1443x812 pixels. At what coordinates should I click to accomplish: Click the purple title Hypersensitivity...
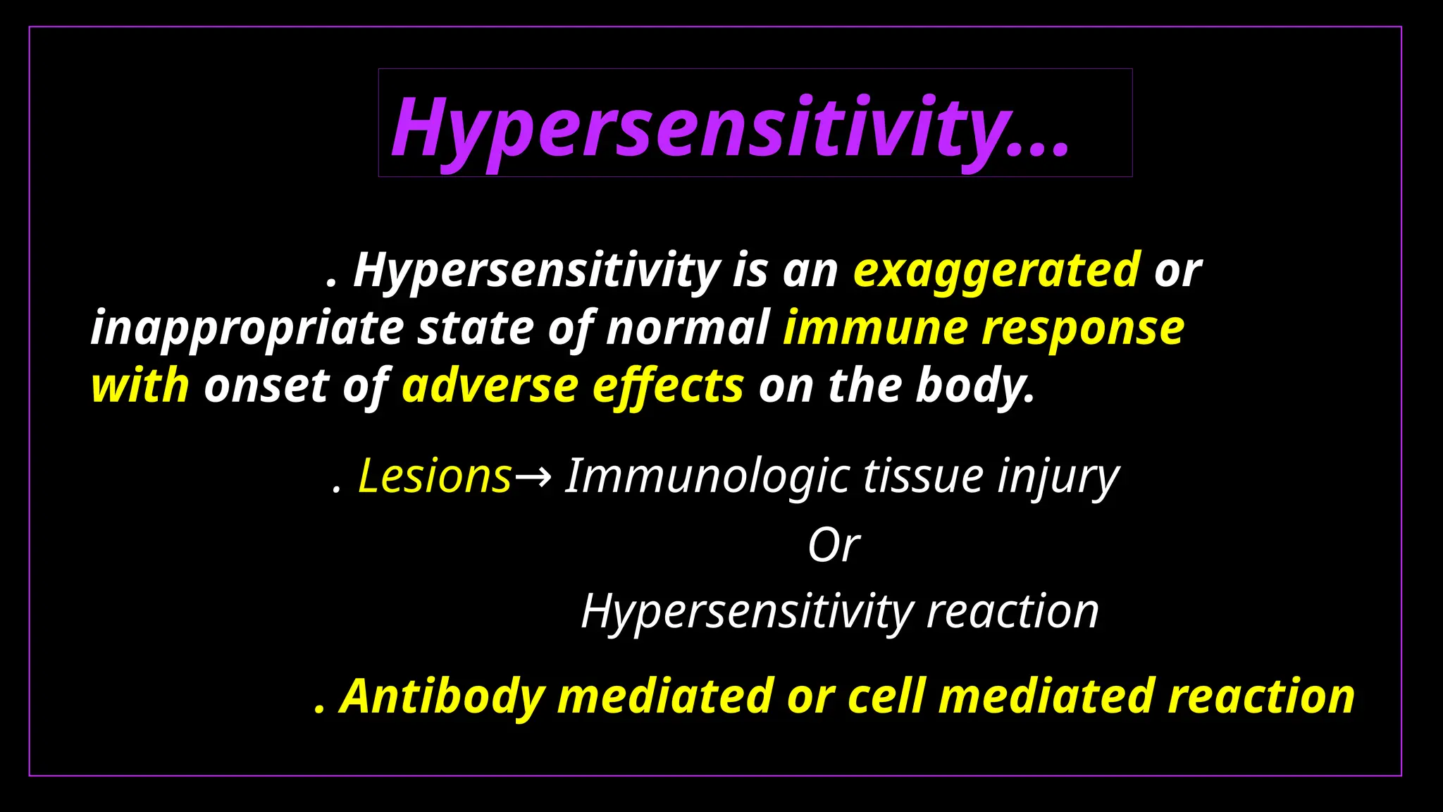tap(729, 128)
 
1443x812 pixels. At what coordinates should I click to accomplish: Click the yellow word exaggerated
tap(996, 271)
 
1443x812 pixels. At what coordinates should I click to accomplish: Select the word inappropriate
tap(247, 329)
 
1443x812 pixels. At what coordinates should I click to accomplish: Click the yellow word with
tap(140, 386)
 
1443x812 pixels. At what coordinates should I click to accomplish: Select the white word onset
tap(266, 386)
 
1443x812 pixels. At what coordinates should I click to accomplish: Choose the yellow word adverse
tap(490, 386)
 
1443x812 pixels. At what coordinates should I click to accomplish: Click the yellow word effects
tap(668, 386)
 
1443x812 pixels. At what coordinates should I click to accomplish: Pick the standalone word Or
tap(834, 545)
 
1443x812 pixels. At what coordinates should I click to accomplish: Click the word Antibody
tap(442, 697)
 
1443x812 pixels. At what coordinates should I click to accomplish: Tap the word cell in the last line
tap(886, 697)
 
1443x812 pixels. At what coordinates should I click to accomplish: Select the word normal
tap(688, 329)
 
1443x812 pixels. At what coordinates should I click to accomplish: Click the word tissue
tap(924, 477)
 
